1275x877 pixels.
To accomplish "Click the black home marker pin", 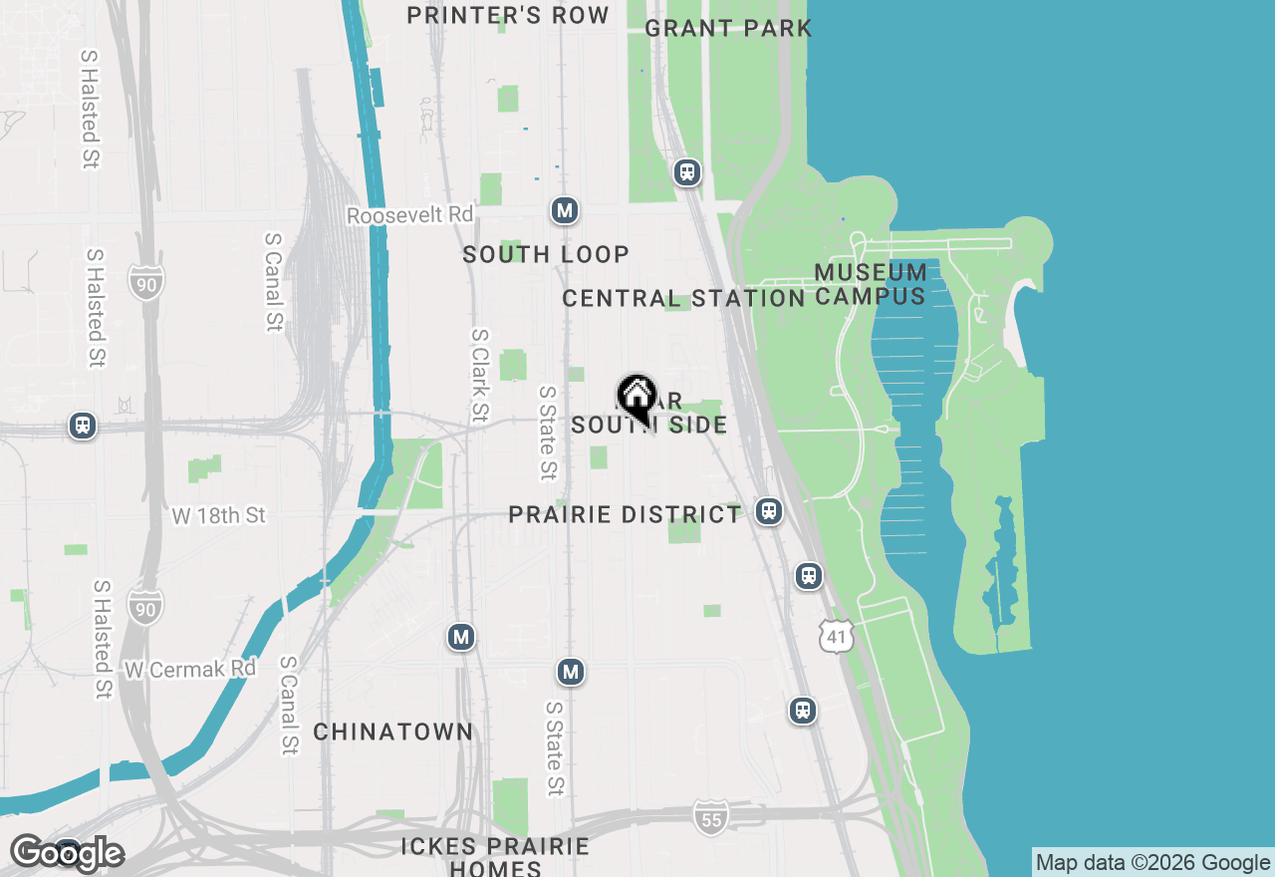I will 637,398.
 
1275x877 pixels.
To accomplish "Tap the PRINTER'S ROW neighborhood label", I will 508,15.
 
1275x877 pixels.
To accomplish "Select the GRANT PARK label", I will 728,28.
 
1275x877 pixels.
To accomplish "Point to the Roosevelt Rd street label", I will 409,215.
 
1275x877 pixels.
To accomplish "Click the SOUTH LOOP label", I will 546,254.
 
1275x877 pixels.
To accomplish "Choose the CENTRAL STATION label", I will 683,298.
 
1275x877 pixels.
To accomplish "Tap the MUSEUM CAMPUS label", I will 871,284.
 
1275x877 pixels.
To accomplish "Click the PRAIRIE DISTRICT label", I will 625,514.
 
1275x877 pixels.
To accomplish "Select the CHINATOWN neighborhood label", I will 393,731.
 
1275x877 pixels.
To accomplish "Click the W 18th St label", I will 219,515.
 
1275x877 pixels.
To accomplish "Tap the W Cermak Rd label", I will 190,669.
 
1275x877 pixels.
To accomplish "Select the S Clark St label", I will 480,375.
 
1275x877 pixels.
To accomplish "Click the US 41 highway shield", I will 837,636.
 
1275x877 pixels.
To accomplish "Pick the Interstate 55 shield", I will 710,816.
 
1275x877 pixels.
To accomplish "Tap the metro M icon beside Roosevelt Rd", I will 565,210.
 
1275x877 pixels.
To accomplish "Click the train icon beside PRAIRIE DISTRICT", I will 767,511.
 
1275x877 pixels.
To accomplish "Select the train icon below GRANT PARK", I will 686,172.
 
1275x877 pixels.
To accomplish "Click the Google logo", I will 67,853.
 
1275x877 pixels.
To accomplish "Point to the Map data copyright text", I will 1152,863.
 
